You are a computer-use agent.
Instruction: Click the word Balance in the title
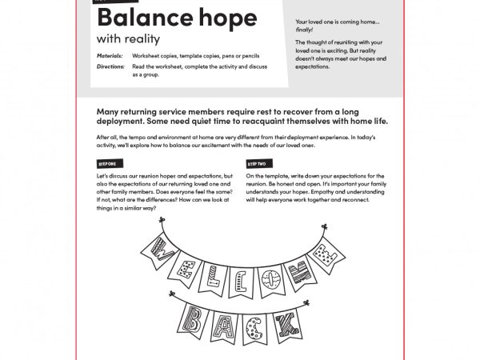click(x=142, y=18)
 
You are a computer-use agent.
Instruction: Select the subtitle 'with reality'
click(x=128, y=38)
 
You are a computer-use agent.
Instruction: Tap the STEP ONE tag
click(x=106, y=163)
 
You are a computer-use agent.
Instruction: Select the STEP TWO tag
click(x=258, y=163)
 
